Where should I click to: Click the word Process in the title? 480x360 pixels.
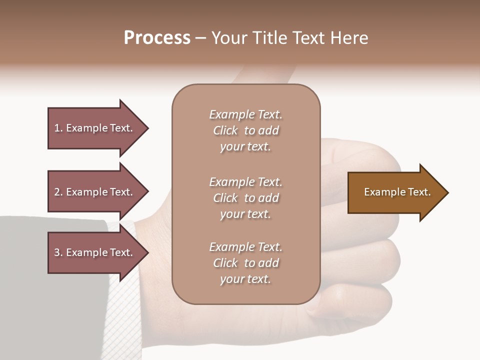tap(157, 38)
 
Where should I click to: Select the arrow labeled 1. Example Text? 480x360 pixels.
tap(95, 128)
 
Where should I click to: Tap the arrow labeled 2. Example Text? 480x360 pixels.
tap(95, 192)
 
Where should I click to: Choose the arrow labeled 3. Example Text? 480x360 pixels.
tap(95, 252)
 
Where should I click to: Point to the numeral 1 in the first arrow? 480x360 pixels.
tap(57, 128)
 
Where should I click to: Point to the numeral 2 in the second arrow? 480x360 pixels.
tap(57, 192)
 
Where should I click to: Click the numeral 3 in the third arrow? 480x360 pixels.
tap(57, 252)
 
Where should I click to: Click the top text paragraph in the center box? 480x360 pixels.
tap(245, 130)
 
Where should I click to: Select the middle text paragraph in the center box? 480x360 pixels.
tap(245, 198)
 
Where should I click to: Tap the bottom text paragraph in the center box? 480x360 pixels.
tap(245, 263)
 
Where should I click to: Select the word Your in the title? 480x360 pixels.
tap(228, 38)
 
